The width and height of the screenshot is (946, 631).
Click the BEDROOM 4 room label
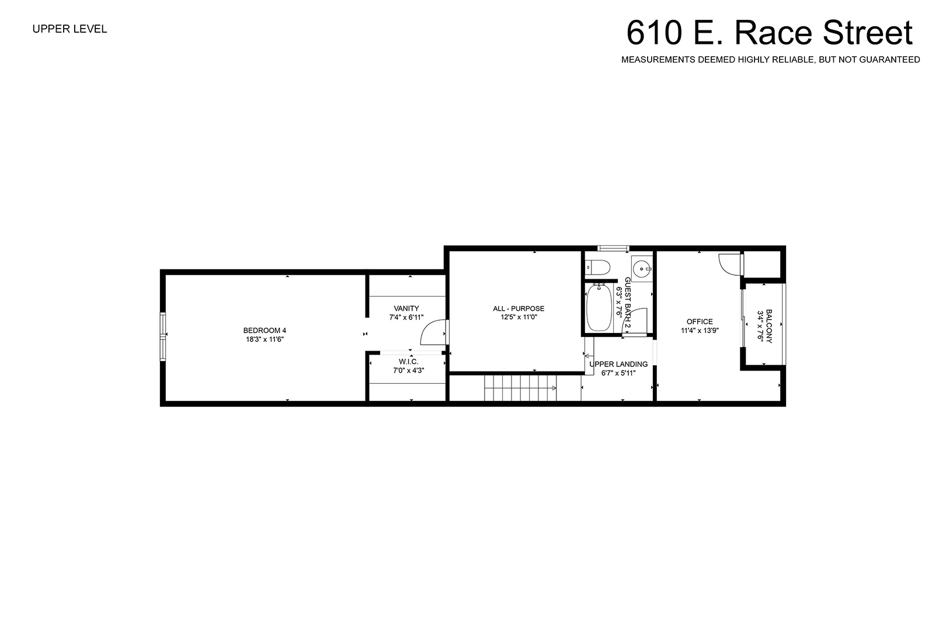coord(265,331)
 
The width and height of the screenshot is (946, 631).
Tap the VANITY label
coord(406,308)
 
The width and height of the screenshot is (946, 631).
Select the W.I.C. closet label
coord(408,362)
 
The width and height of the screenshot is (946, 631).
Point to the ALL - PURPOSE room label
coord(519,308)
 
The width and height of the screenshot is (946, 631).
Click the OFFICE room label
coord(700,321)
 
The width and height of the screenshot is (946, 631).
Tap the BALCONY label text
coord(769,326)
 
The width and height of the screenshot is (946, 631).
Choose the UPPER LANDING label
coord(619,365)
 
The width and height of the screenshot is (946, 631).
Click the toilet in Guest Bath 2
coord(598,267)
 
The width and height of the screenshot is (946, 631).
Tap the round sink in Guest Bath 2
coord(642,268)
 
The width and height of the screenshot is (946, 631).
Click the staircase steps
coord(520,388)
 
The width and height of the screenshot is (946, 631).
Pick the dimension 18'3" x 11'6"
coord(265,339)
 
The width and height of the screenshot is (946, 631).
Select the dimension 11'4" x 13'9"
coord(700,331)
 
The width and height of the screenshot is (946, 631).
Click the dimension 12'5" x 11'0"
coord(518,317)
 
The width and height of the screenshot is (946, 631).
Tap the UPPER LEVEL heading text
coord(69,29)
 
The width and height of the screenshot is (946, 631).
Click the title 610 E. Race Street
coord(770,33)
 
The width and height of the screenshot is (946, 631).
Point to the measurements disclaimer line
coord(770,60)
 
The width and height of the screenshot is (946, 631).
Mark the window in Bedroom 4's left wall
coord(162,337)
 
